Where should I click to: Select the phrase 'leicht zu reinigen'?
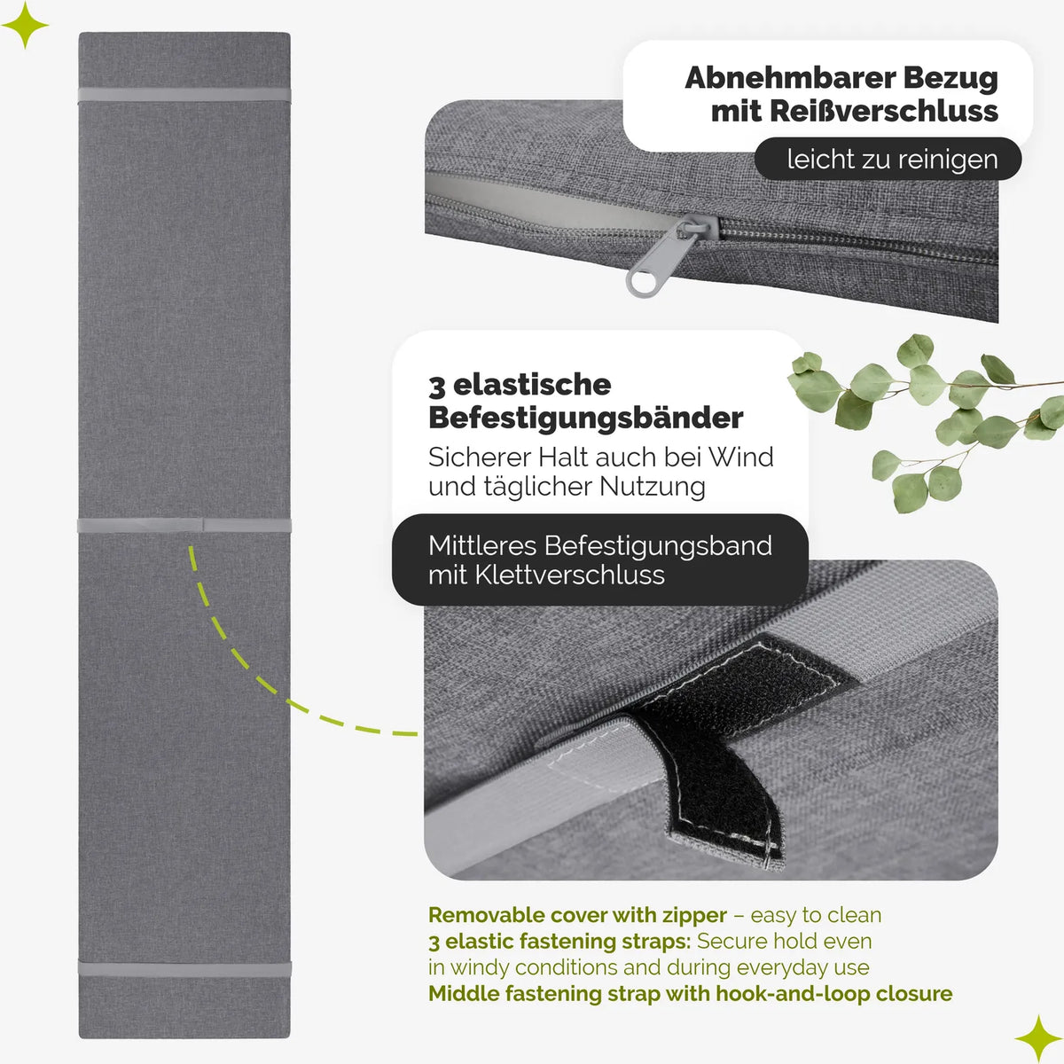tap(892, 160)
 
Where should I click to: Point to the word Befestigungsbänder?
tap(585, 419)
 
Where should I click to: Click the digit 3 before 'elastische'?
tap(436, 386)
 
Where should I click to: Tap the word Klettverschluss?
tap(570, 575)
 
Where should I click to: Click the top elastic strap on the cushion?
tap(184, 94)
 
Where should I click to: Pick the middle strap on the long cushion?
tap(184, 525)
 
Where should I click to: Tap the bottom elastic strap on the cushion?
tap(184, 968)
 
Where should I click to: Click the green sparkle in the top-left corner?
tap(25, 25)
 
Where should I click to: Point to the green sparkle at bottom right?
tap(1038, 1038)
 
